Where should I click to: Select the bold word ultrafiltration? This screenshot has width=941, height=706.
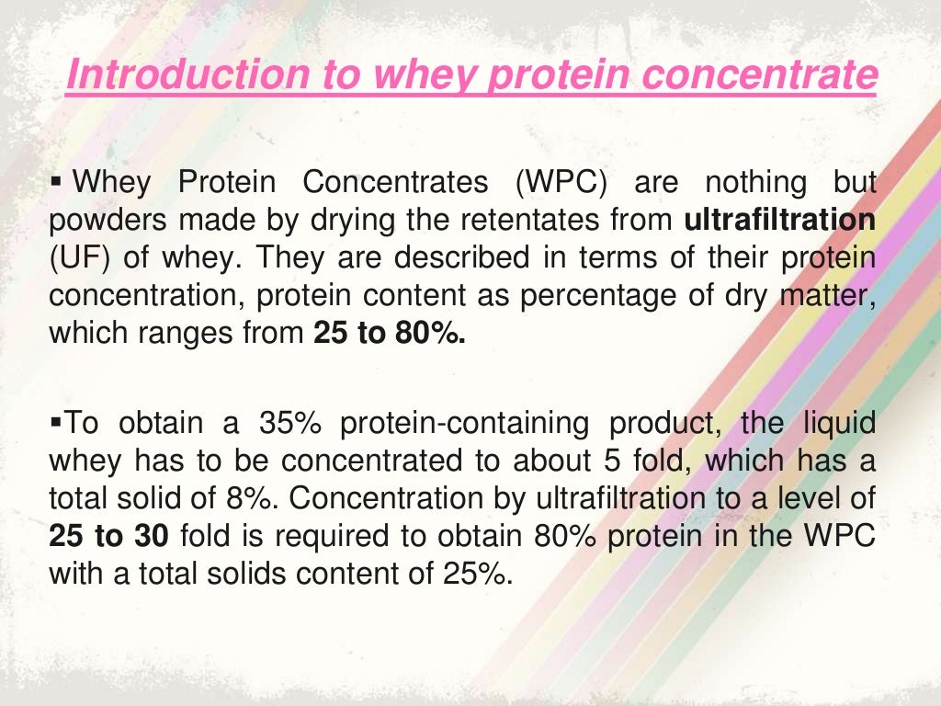[780, 220]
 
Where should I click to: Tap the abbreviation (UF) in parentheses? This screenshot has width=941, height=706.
[80, 257]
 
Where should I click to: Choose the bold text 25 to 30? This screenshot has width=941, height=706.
[102, 537]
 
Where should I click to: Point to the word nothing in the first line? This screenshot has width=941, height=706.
[745, 182]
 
